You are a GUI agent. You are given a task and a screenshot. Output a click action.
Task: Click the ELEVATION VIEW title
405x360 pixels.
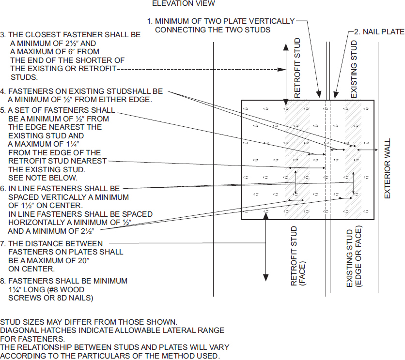(x=183, y=4)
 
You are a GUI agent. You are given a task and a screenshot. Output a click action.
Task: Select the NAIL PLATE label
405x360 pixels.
(x=379, y=31)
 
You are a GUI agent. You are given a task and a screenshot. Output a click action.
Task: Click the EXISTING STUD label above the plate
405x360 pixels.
(x=354, y=69)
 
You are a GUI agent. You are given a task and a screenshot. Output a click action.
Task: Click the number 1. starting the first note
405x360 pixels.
(x=150, y=21)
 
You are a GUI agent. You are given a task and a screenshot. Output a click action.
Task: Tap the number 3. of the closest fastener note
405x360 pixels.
(x=3, y=35)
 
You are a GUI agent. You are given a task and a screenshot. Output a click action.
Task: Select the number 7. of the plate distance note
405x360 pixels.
(x=3, y=243)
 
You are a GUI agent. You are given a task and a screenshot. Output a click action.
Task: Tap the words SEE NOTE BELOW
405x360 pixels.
(x=37, y=178)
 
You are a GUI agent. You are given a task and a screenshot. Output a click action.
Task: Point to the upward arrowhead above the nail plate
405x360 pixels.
(x=286, y=47)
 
